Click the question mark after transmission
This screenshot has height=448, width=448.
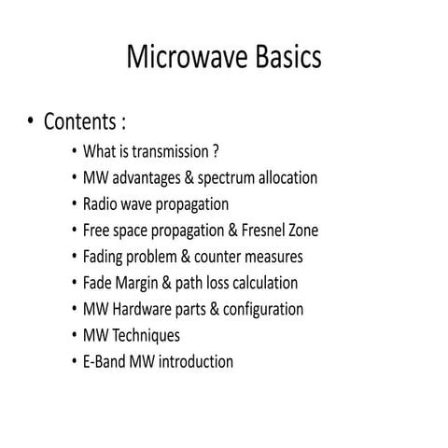pos(216,151)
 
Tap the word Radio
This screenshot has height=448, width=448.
pos(101,203)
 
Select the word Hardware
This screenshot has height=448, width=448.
pos(140,308)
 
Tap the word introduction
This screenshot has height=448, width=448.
pos(193,361)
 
